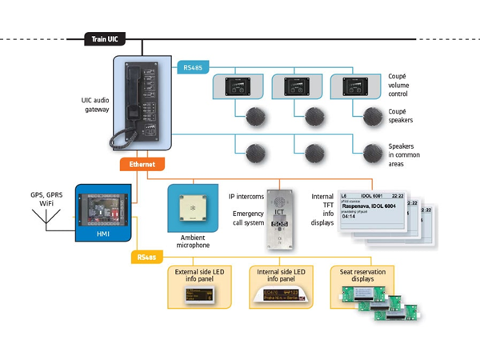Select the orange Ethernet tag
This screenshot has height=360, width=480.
pyautogui.click(x=142, y=164)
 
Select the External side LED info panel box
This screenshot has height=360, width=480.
pyautogui.click(x=200, y=287)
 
